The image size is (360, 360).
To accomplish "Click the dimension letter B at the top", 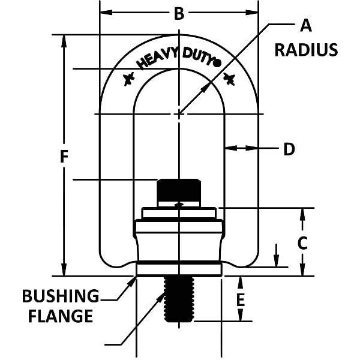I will pos(179,14).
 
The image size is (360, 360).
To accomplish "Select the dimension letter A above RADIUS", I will pos(306,25).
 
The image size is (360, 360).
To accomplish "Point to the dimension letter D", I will pos(289,150).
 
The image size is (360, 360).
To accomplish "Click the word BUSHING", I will pos(60,296).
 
